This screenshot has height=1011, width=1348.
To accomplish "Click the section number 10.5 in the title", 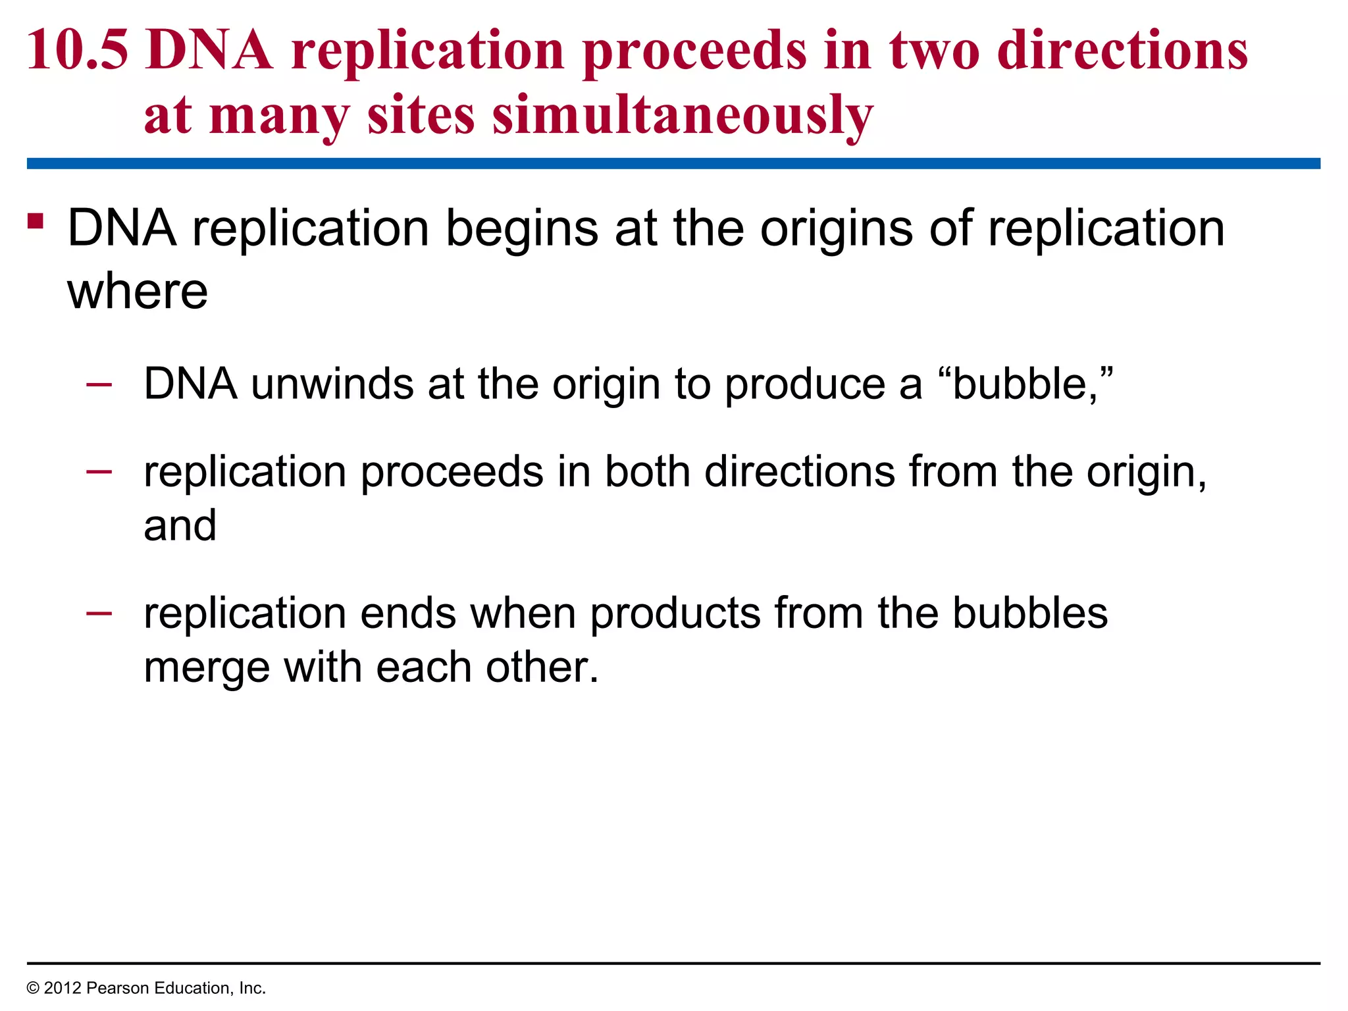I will click(77, 51).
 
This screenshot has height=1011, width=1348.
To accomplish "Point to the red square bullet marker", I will click(36, 220).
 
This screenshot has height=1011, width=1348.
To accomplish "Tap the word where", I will click(138, 291).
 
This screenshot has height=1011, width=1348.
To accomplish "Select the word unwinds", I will click(332, 384).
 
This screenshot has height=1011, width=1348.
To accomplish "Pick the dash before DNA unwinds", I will click(99, 382).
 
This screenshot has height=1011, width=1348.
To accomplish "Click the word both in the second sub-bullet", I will click(647, 472).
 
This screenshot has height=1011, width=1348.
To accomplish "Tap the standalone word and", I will click(180, 525).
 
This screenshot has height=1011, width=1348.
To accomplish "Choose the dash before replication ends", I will click(99, 612).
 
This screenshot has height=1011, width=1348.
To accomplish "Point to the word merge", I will click(207, 667).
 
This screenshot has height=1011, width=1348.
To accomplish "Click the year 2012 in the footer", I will click(63, 988).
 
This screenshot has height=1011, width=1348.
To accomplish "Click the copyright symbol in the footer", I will click(33, 988).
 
